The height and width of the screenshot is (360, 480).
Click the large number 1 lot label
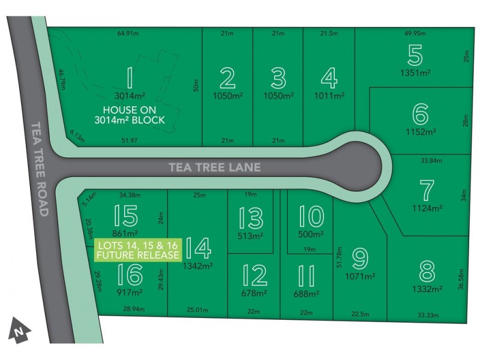128,78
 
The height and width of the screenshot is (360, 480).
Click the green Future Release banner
137,250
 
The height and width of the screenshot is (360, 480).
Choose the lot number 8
427,271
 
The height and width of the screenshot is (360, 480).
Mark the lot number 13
250,217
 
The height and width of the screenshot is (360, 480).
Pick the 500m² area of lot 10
311,235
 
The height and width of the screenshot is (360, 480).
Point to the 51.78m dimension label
340,258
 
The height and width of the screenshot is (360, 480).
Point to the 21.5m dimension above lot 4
329,34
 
